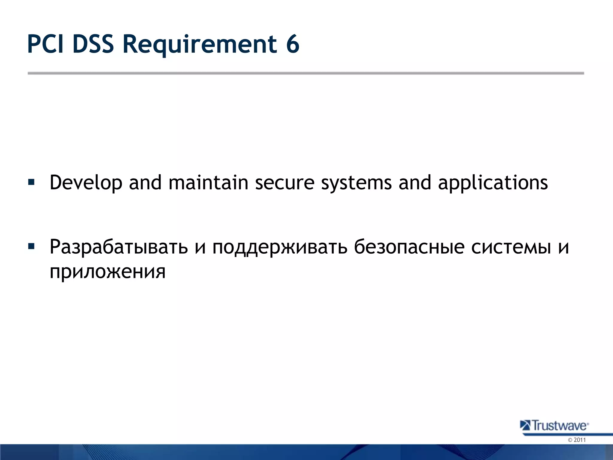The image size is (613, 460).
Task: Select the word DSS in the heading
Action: (93, 44)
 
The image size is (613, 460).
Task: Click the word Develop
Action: (86, 183)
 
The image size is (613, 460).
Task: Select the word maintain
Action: (208, 183)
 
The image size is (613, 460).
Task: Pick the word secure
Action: (284, 183)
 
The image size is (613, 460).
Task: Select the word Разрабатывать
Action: (119, 247)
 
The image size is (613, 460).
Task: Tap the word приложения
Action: (107, 272)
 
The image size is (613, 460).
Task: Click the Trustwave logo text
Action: (559, 426)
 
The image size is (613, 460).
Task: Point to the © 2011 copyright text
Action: (576, 440)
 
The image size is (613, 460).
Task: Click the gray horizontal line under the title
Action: (305, 73)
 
